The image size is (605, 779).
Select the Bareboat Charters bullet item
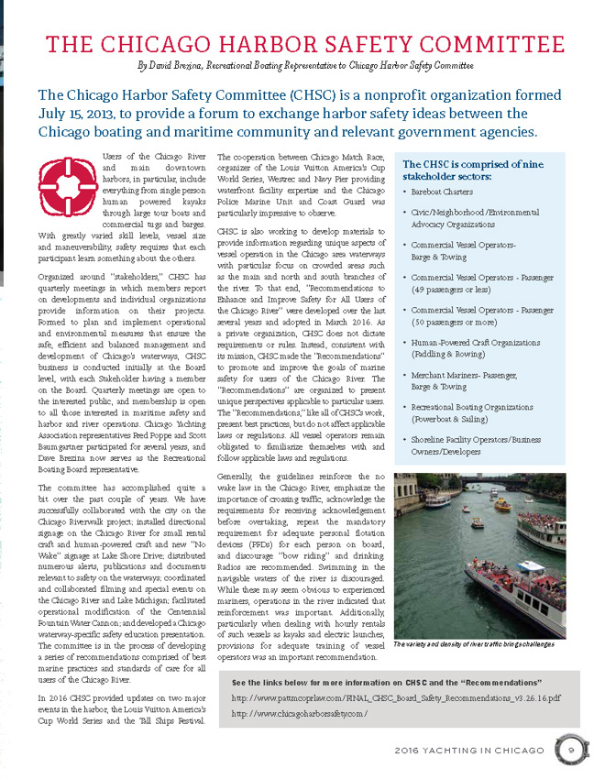[x=443, y=192]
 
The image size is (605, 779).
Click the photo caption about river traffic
[x=476, y=645]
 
